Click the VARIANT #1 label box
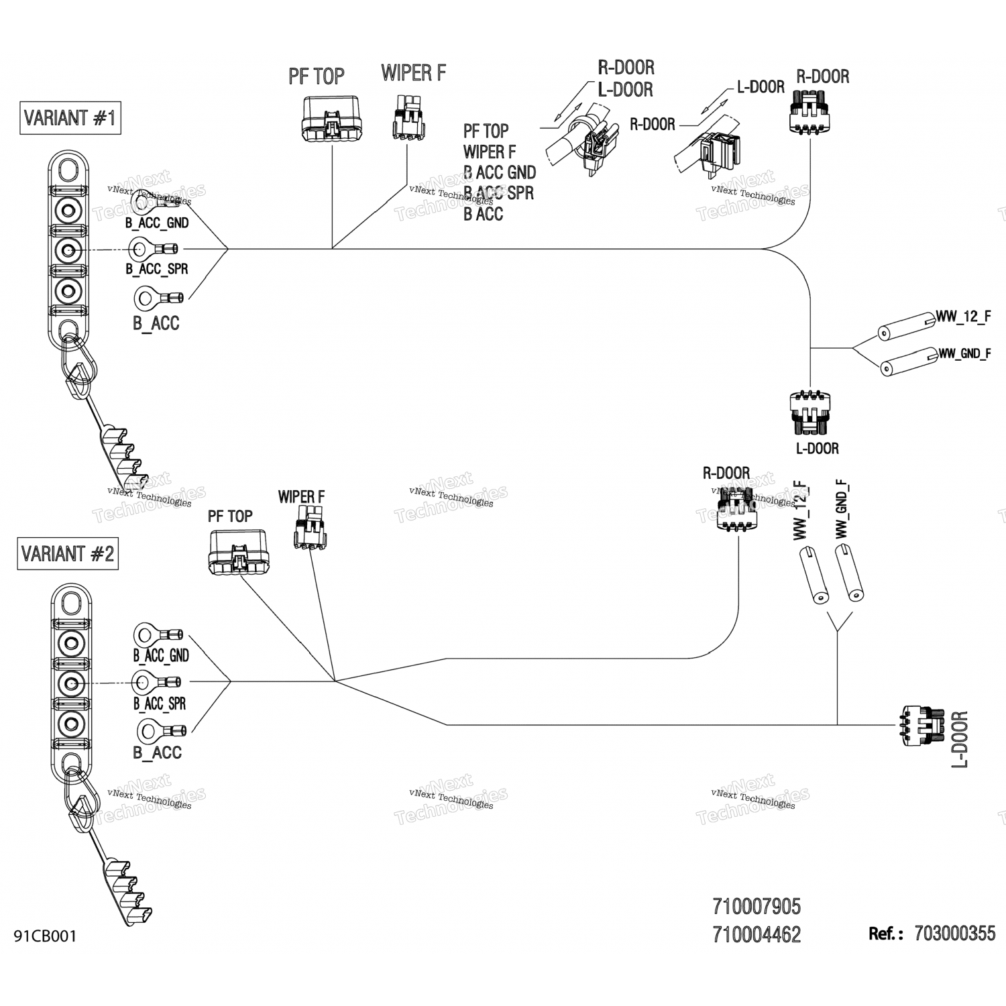(x=70, y=118)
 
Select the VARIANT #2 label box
(x=68, y=554)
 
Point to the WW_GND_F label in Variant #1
(x=964, y=353)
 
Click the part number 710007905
(x=757, y=907)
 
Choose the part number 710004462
(x=757, y=934)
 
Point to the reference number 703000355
(x=954, y=934)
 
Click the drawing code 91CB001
(x=45, y=936)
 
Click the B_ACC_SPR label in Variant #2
(x=160, y=704)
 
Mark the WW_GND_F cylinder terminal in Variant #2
(x=848, y=571)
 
